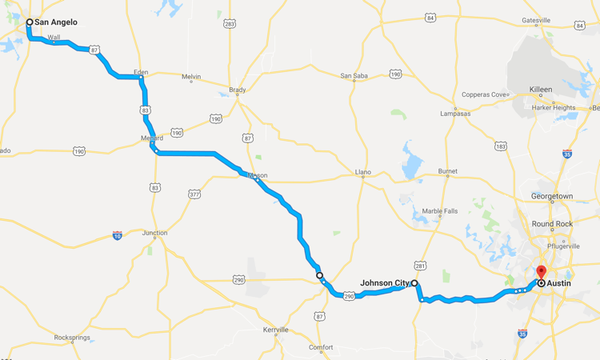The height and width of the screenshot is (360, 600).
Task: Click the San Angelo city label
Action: [56, 22]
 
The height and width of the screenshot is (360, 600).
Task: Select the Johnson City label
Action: [385, 282]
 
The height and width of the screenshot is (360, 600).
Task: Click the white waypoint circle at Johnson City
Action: [414, 283]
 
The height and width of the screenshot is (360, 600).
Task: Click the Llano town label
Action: [363, 172]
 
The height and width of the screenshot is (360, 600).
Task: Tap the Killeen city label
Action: [541, 90]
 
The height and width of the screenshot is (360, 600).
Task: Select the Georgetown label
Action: [552, 196]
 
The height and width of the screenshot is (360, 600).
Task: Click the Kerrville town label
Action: [275, 329]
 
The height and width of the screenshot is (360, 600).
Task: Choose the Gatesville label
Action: [536, 20]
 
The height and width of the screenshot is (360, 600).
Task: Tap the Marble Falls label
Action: [440, 211]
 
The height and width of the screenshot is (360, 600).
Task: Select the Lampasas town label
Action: [456, 114]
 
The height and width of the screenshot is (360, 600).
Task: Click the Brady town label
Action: [238, 90]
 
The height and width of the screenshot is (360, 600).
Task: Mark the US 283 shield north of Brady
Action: [230, 25]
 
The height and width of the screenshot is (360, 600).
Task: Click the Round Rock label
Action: [550, 224]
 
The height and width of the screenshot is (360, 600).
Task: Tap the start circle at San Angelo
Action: [30, 22]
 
